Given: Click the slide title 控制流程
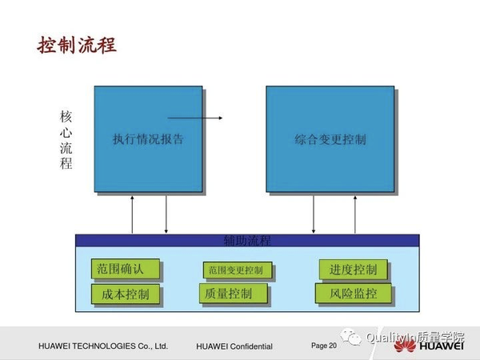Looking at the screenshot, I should tap(78, 43).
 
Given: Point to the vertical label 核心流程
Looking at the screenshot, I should tap(66, 139).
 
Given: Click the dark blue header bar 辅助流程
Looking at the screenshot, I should tap(247, 240).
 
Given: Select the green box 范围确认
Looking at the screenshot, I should tap(127, 268).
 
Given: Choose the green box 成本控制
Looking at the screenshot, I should tap(126, 294).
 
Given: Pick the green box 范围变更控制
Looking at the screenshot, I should tap(237, 270).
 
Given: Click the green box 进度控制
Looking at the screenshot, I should tap(353, 269).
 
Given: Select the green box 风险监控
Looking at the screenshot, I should tap(353, 294).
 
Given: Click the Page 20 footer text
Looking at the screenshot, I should tap(324, 346).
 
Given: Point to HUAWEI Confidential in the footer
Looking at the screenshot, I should tap(234, 346).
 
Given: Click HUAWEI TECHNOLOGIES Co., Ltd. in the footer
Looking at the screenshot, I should tap(102, 346).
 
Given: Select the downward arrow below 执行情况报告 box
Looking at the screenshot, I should tap(166, 214).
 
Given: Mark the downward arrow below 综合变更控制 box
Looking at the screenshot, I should tap(314, 214).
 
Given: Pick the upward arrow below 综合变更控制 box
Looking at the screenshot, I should tap(354, 214).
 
